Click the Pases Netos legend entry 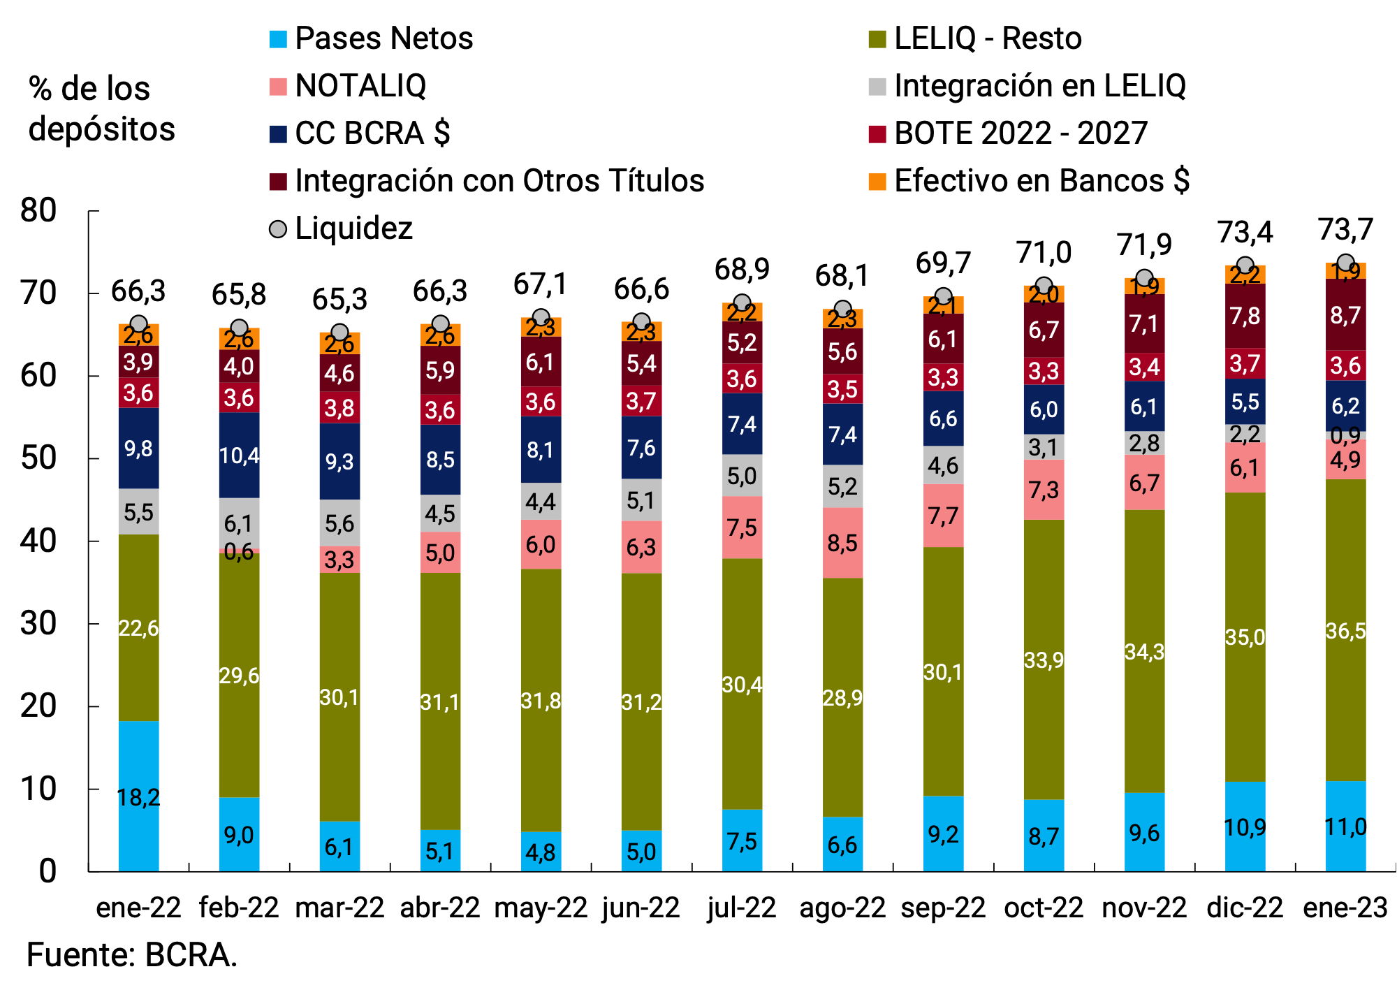click(370, 38)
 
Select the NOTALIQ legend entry click(348, 86)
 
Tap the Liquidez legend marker click(278, 229)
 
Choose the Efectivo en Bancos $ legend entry click(1028, 181)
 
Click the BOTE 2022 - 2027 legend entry click(1007, 133)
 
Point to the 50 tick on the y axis click(38, 458)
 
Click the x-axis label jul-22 click(741, 908)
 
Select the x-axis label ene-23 click(1345, 908)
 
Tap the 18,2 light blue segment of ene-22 click(138, 796)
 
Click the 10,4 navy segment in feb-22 click(239, 456)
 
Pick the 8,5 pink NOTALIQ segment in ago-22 click(842, 543)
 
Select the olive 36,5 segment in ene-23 click(1345, 630)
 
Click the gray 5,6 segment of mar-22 click(339, 523)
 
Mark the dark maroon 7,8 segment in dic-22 click(1245, 316)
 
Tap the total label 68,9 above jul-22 click(741, 269)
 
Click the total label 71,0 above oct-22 click(1044, 252)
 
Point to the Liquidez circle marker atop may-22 click(541, 317)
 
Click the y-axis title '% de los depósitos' click(101, 109)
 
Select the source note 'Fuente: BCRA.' click(132, 954)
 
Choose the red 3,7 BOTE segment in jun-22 click(641, 401)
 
